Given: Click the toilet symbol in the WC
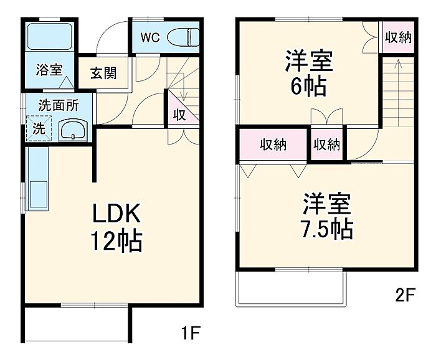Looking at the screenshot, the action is pyautogui.click(x=183, y=37).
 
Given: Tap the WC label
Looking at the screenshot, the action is pyautogui.click(x=150, y=37).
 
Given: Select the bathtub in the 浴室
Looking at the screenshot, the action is pyautogui.click(x=50, y=36).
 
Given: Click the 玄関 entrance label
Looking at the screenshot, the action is pyautogui.click(x=103, y=73).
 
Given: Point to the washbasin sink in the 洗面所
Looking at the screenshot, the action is pyautogui.click(x=73, y=130).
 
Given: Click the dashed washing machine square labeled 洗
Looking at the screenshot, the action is pyautogui.click(x=39, y=128).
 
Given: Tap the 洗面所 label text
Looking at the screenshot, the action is pyautogui.click(x=59, y=105).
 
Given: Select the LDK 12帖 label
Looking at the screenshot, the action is pyautogui.click(x=116, y=227).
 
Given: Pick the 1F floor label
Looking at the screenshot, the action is pyautogui.click(x=191, y=333).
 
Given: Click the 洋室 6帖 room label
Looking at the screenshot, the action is pyautogui.click(x=309, y=72).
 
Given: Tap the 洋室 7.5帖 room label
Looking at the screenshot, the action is pyautogui.click(x=327, y=216).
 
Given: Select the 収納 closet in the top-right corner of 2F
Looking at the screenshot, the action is pyautogui.click(x=398, y=37).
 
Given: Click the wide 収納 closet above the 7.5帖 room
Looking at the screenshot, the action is pyautogui.click(x=273, y=144).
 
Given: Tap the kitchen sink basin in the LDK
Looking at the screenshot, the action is pyautogui.click(x=39, y=194).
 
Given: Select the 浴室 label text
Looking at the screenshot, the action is pyautogui.click(x=49, y=70).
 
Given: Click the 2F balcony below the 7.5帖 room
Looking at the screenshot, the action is pyautogui.click(x=291, y=289).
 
